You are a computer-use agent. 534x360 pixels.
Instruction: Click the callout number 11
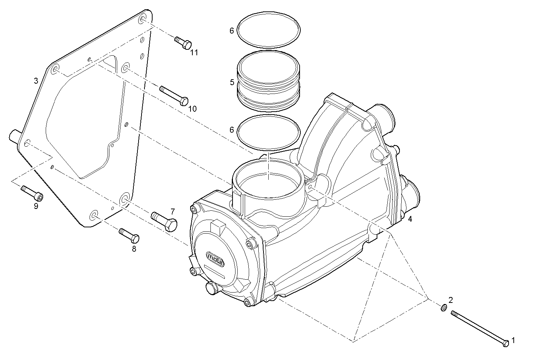(194, 53)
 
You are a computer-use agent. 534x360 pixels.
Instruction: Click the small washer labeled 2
(444, 307)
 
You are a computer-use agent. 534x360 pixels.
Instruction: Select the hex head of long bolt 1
(506, 343)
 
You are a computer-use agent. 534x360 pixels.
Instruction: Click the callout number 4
(410, 219)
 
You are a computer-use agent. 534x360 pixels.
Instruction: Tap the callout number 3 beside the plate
(36, 81)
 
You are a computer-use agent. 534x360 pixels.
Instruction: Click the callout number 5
(232, 82)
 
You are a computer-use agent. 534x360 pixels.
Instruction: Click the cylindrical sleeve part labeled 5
(269, 81)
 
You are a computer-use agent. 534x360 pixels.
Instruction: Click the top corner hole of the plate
(142, 20)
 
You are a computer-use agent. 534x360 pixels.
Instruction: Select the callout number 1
(514, 341)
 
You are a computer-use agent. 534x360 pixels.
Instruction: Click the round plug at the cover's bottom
(212, 288)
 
